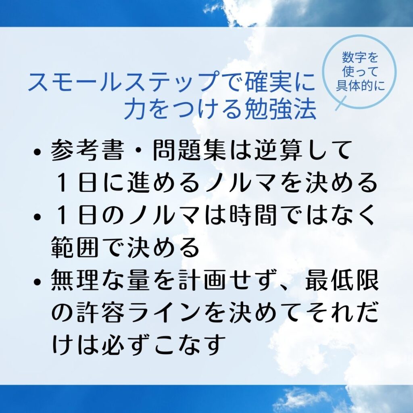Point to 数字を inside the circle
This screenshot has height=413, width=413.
(x=360, y=58)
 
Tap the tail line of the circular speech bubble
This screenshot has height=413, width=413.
(x=341, y=103)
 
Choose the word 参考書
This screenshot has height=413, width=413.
(x=87, y=150)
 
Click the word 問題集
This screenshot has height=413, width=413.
(x=189, y=150)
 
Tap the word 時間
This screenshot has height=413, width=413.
(x=253, y=215)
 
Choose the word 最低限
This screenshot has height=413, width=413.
(x=342, y=280)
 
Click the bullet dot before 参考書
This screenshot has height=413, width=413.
(x=38, y=152)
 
